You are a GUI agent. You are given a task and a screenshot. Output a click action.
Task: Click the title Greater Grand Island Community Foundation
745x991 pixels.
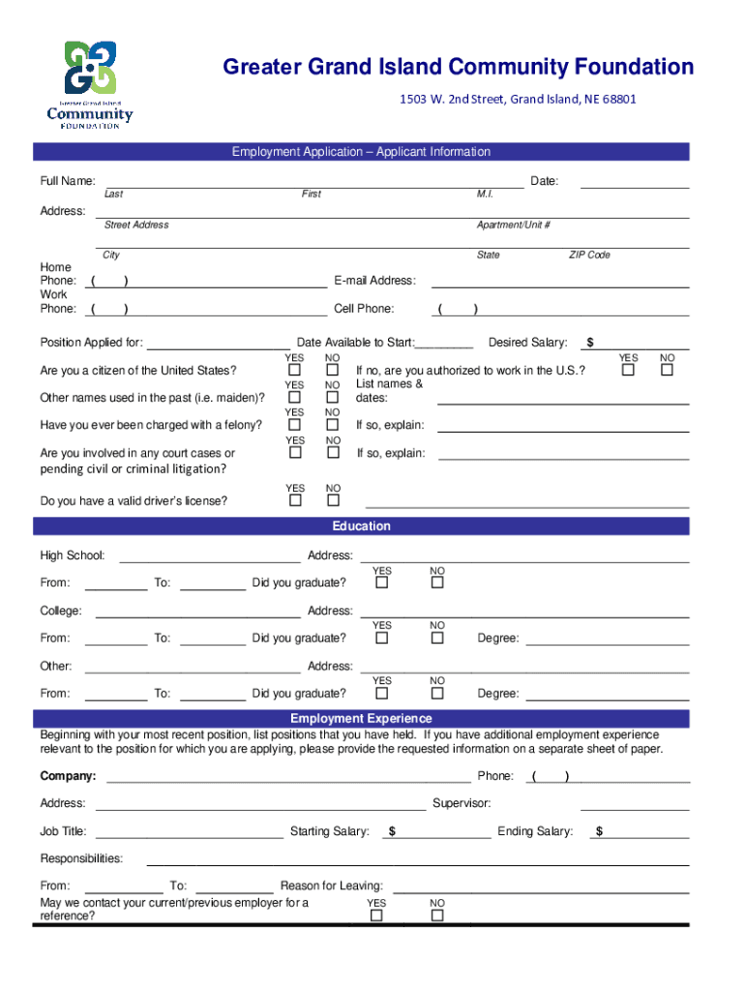458,67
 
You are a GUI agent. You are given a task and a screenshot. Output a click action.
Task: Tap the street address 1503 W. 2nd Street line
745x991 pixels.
518,99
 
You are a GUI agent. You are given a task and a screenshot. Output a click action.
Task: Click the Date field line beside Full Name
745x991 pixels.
634,181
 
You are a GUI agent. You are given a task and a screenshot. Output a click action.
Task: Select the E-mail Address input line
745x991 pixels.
559,281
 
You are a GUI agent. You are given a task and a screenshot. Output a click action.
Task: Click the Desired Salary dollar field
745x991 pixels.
643,343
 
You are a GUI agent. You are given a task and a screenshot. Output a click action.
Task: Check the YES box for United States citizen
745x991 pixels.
295,371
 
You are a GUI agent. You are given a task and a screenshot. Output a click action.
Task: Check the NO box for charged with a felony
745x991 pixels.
333,425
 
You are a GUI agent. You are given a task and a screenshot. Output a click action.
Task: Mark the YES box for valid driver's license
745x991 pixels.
295,500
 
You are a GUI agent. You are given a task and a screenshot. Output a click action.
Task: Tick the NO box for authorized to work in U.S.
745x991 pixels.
666,371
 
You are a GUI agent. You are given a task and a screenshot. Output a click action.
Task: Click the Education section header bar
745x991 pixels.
361,526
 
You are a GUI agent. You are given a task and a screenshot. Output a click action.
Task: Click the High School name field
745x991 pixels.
209,556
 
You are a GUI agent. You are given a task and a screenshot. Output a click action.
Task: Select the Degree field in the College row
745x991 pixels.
607,638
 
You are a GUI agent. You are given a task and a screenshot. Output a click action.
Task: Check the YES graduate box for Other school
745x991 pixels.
382,693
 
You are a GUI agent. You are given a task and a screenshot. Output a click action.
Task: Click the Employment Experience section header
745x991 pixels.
361,719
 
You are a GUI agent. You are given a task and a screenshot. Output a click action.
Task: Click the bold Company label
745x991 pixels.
68,776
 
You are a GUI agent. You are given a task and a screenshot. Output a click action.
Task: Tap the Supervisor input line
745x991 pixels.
635,803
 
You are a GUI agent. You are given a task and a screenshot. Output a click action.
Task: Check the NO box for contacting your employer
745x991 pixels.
437,916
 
